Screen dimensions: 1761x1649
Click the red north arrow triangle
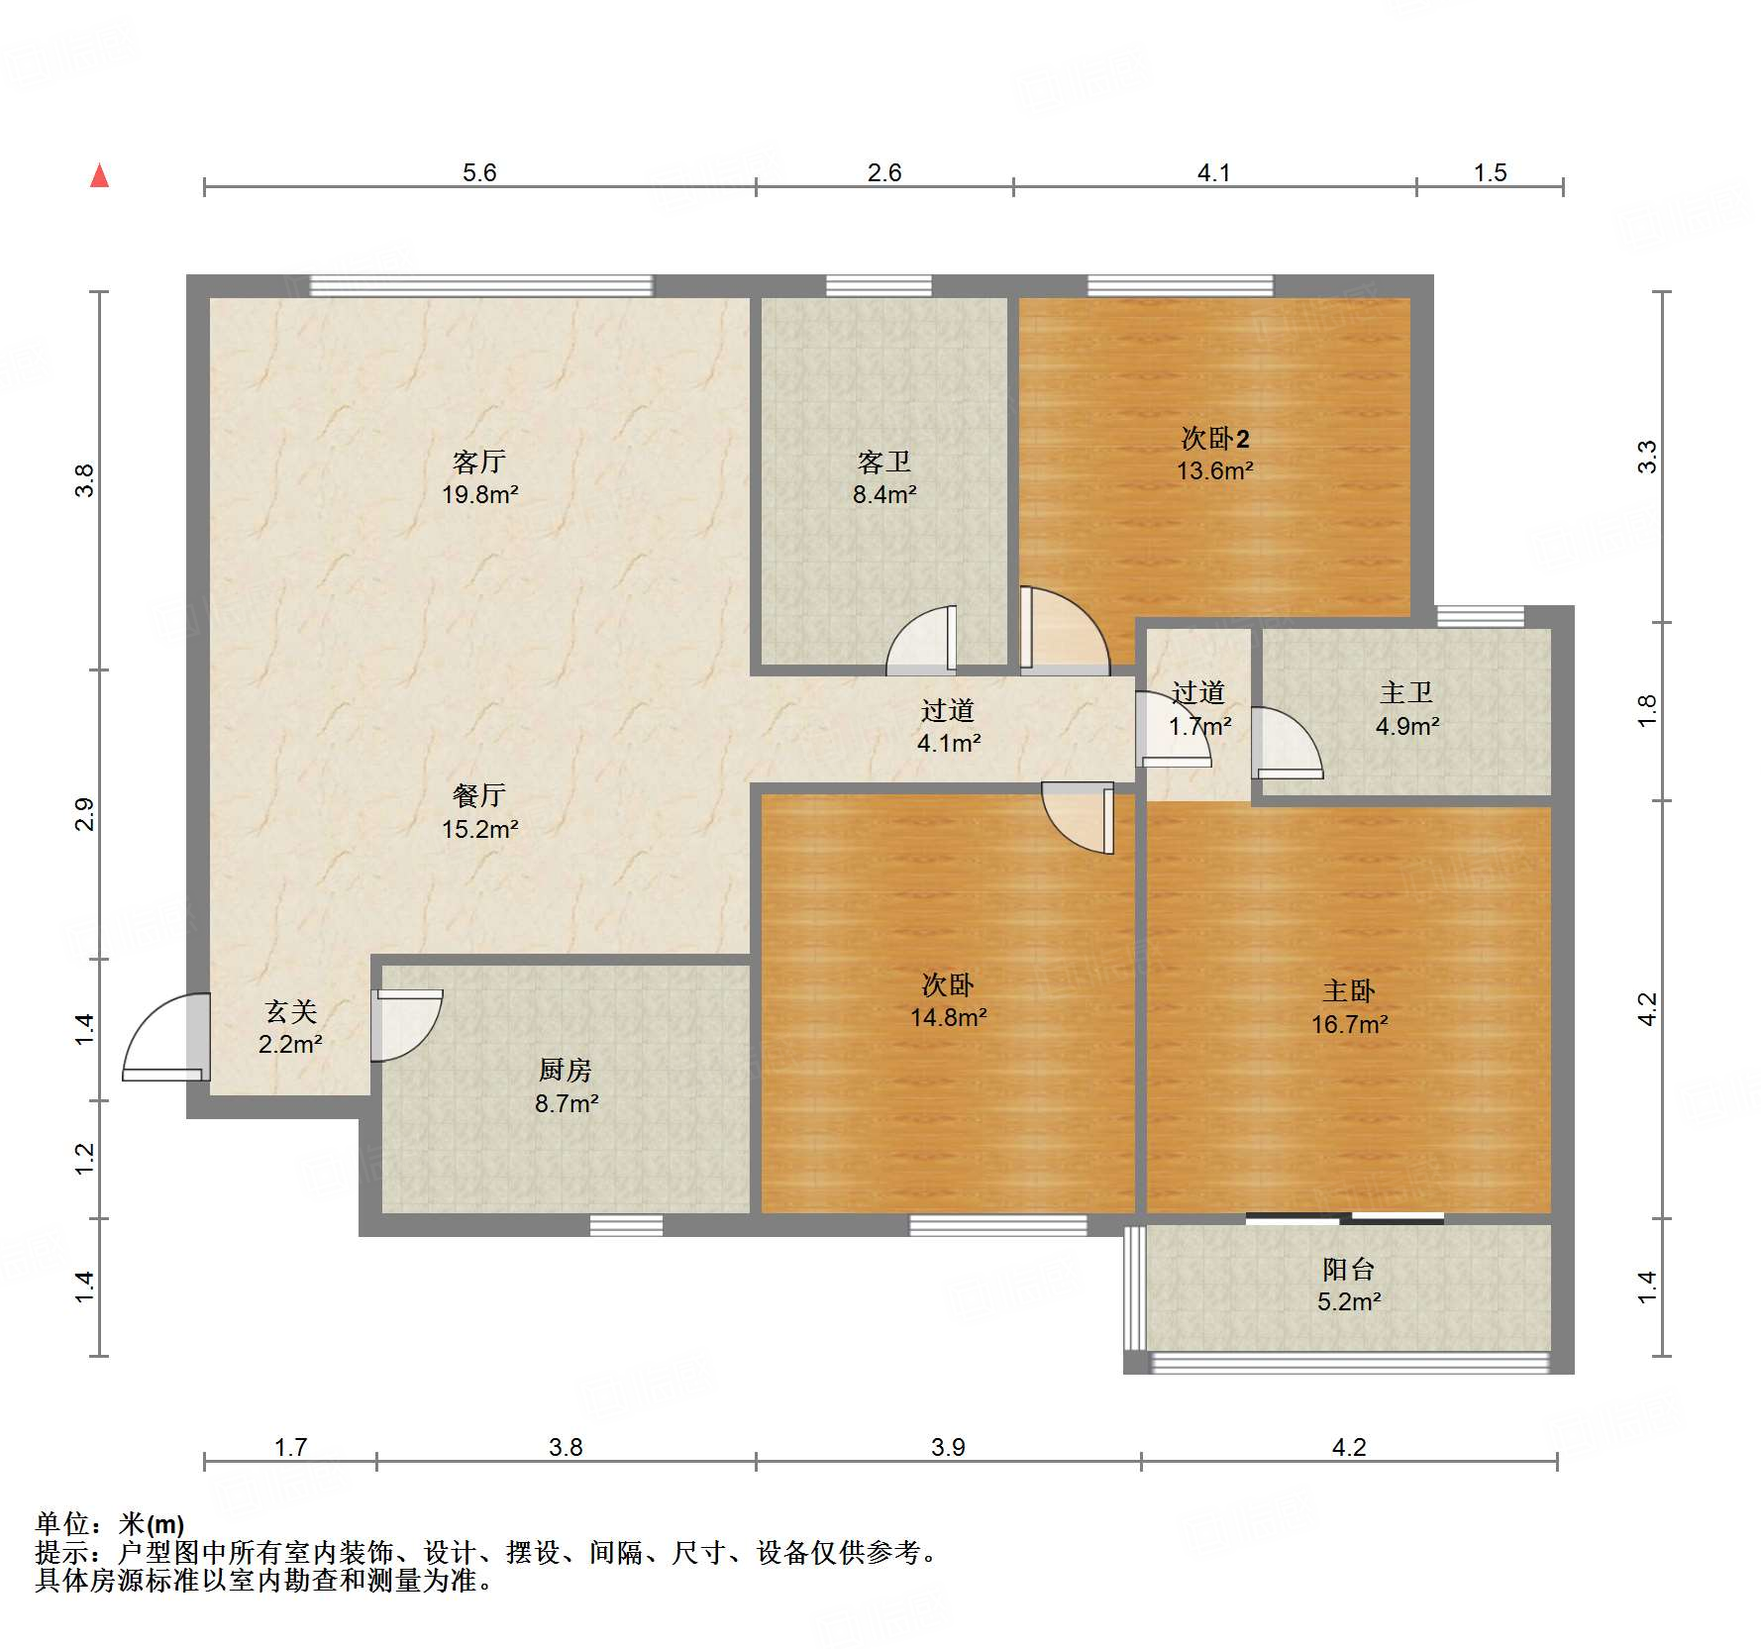pos(99,175)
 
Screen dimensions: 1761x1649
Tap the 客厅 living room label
pos(479,462)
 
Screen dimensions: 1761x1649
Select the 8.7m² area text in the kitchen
pos(567,1103)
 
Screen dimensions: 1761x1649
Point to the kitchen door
pos(407,1025)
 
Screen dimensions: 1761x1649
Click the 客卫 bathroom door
pos(922,641)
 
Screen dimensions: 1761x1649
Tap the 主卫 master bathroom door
pos(1287,743)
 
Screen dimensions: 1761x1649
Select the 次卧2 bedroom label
pos(1215,438)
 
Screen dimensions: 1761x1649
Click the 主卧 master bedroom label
pos(1349,991)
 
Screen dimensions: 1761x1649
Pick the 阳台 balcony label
pos(1349,1269)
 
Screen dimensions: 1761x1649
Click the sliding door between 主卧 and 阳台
pos(1345,1218)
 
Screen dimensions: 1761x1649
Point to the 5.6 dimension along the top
pos(479,173)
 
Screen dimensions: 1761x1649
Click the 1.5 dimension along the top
pos(1490,173)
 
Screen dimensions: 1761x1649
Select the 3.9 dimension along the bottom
pos(948,1448)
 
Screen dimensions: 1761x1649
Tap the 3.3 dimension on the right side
pos(1647,457)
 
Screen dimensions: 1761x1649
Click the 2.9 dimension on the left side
pos(86,814)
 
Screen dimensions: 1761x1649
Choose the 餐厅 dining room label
pos(479,795)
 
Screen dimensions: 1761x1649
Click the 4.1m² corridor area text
pos(949,743)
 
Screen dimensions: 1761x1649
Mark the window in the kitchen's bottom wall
pos(626,1226)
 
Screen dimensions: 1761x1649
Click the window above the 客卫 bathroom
pos(880,286)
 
